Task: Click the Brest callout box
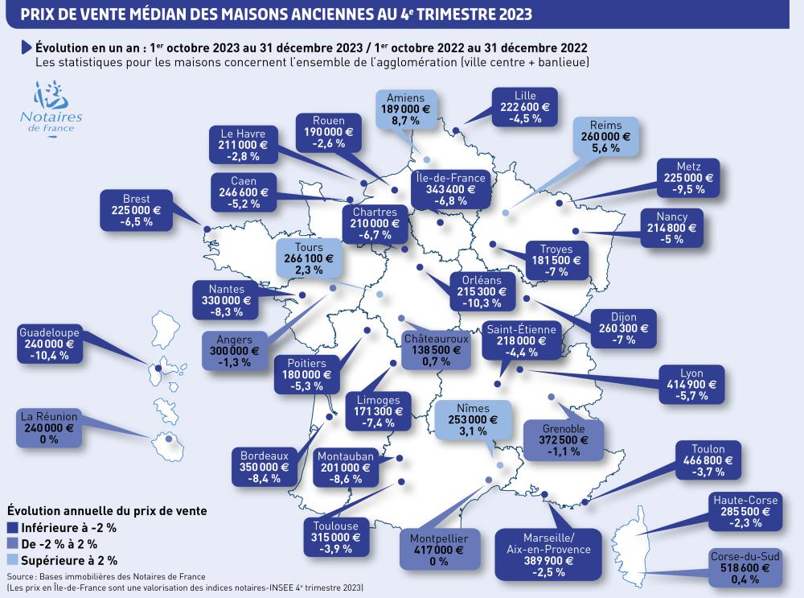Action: click(137, 209)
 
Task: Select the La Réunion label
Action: click(49, 428)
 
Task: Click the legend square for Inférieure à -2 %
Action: click(13, 528)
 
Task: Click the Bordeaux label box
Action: click(265, 466)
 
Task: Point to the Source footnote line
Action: click(105, 576)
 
